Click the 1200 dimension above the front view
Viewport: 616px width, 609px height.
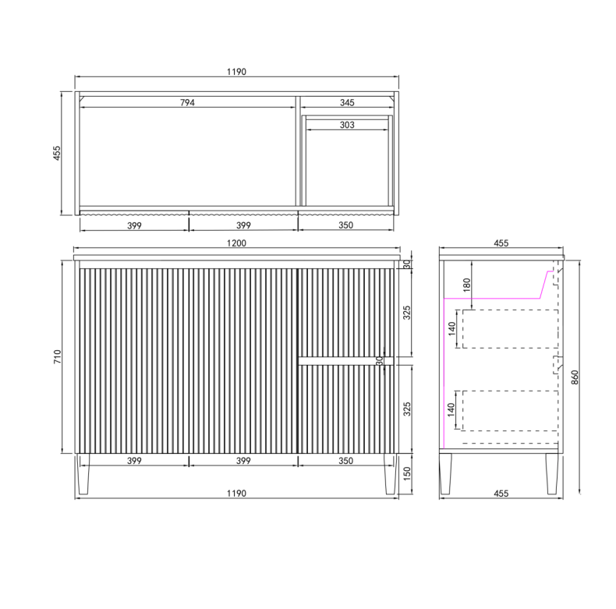coord(236,243)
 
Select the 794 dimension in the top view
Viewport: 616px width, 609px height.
coord(187,103)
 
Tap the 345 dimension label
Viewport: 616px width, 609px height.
coord(347,103)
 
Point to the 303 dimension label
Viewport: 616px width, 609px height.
coord(347,125)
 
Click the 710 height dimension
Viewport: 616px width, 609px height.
coord(58,356)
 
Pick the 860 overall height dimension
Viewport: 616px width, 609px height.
coord(575,377)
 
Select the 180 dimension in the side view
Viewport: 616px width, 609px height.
coord(467,285)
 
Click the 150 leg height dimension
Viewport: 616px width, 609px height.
coord(407,474)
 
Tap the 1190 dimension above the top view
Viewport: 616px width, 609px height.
coord(236,72)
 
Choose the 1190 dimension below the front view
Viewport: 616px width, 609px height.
coord(236,494)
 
